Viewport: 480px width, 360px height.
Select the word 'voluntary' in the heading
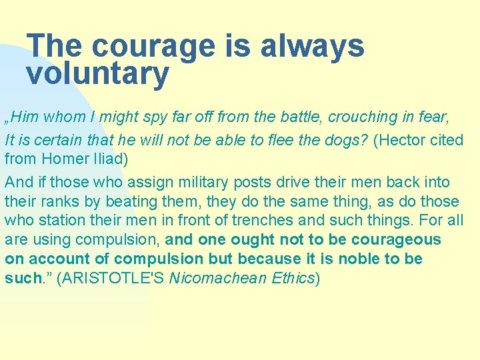coord(98,74)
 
